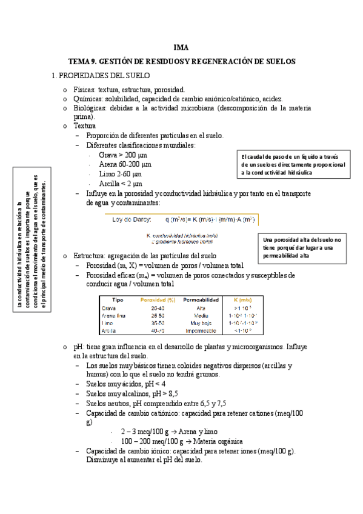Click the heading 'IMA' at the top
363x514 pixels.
click(x=181, y=47)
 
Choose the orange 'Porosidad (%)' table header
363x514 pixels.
click(x=158, y=299)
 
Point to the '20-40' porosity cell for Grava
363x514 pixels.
click(x=158, y=308)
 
